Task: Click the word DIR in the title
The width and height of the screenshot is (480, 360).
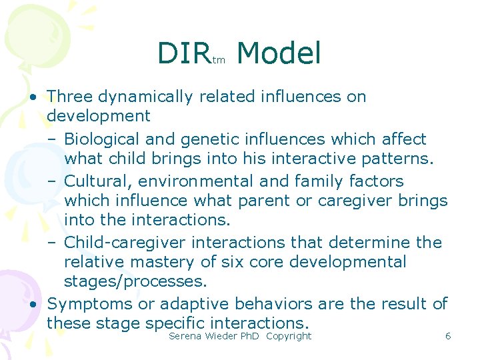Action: tap(184, 53)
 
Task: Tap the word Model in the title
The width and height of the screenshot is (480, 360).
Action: tap(279, 53)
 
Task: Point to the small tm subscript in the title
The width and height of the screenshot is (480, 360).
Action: tap(219, 61)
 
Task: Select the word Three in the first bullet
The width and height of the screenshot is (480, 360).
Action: tap(71, 97)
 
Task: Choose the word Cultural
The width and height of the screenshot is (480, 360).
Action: tap(97, 181)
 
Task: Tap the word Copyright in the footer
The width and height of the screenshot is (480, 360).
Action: tap(288, 336)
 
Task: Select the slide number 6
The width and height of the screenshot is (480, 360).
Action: tap(448, 336)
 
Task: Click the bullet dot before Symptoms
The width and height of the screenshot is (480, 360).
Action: tap(33, 304)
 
